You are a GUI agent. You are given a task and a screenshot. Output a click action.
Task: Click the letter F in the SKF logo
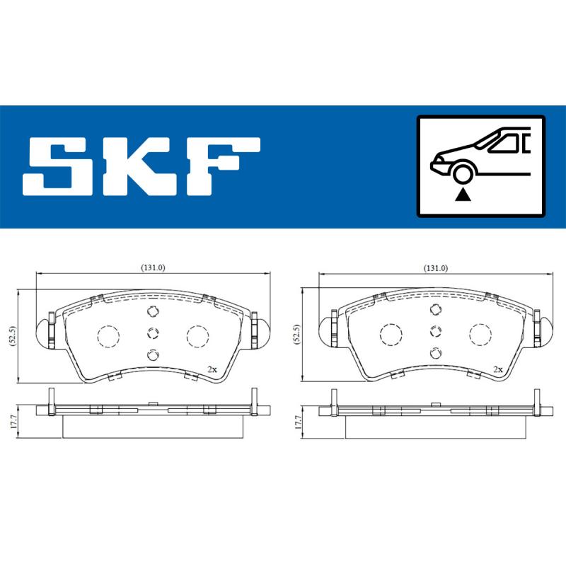click(224, 167)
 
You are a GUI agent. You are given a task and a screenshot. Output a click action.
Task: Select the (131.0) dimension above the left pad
click(152, 267)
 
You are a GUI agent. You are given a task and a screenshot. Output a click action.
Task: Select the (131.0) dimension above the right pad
click(435, 267)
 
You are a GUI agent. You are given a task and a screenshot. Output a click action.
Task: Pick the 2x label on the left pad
click(212, 369)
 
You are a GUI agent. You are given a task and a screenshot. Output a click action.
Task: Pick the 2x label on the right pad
click(497, 369)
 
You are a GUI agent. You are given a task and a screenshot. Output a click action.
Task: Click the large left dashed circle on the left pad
click(108, 335)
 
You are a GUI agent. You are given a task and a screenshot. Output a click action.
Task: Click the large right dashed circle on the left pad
click(196, 335)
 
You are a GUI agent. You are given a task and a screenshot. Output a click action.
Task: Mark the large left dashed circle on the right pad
click(391, 335)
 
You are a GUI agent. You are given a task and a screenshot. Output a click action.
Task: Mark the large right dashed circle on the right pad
click(480, 335)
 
